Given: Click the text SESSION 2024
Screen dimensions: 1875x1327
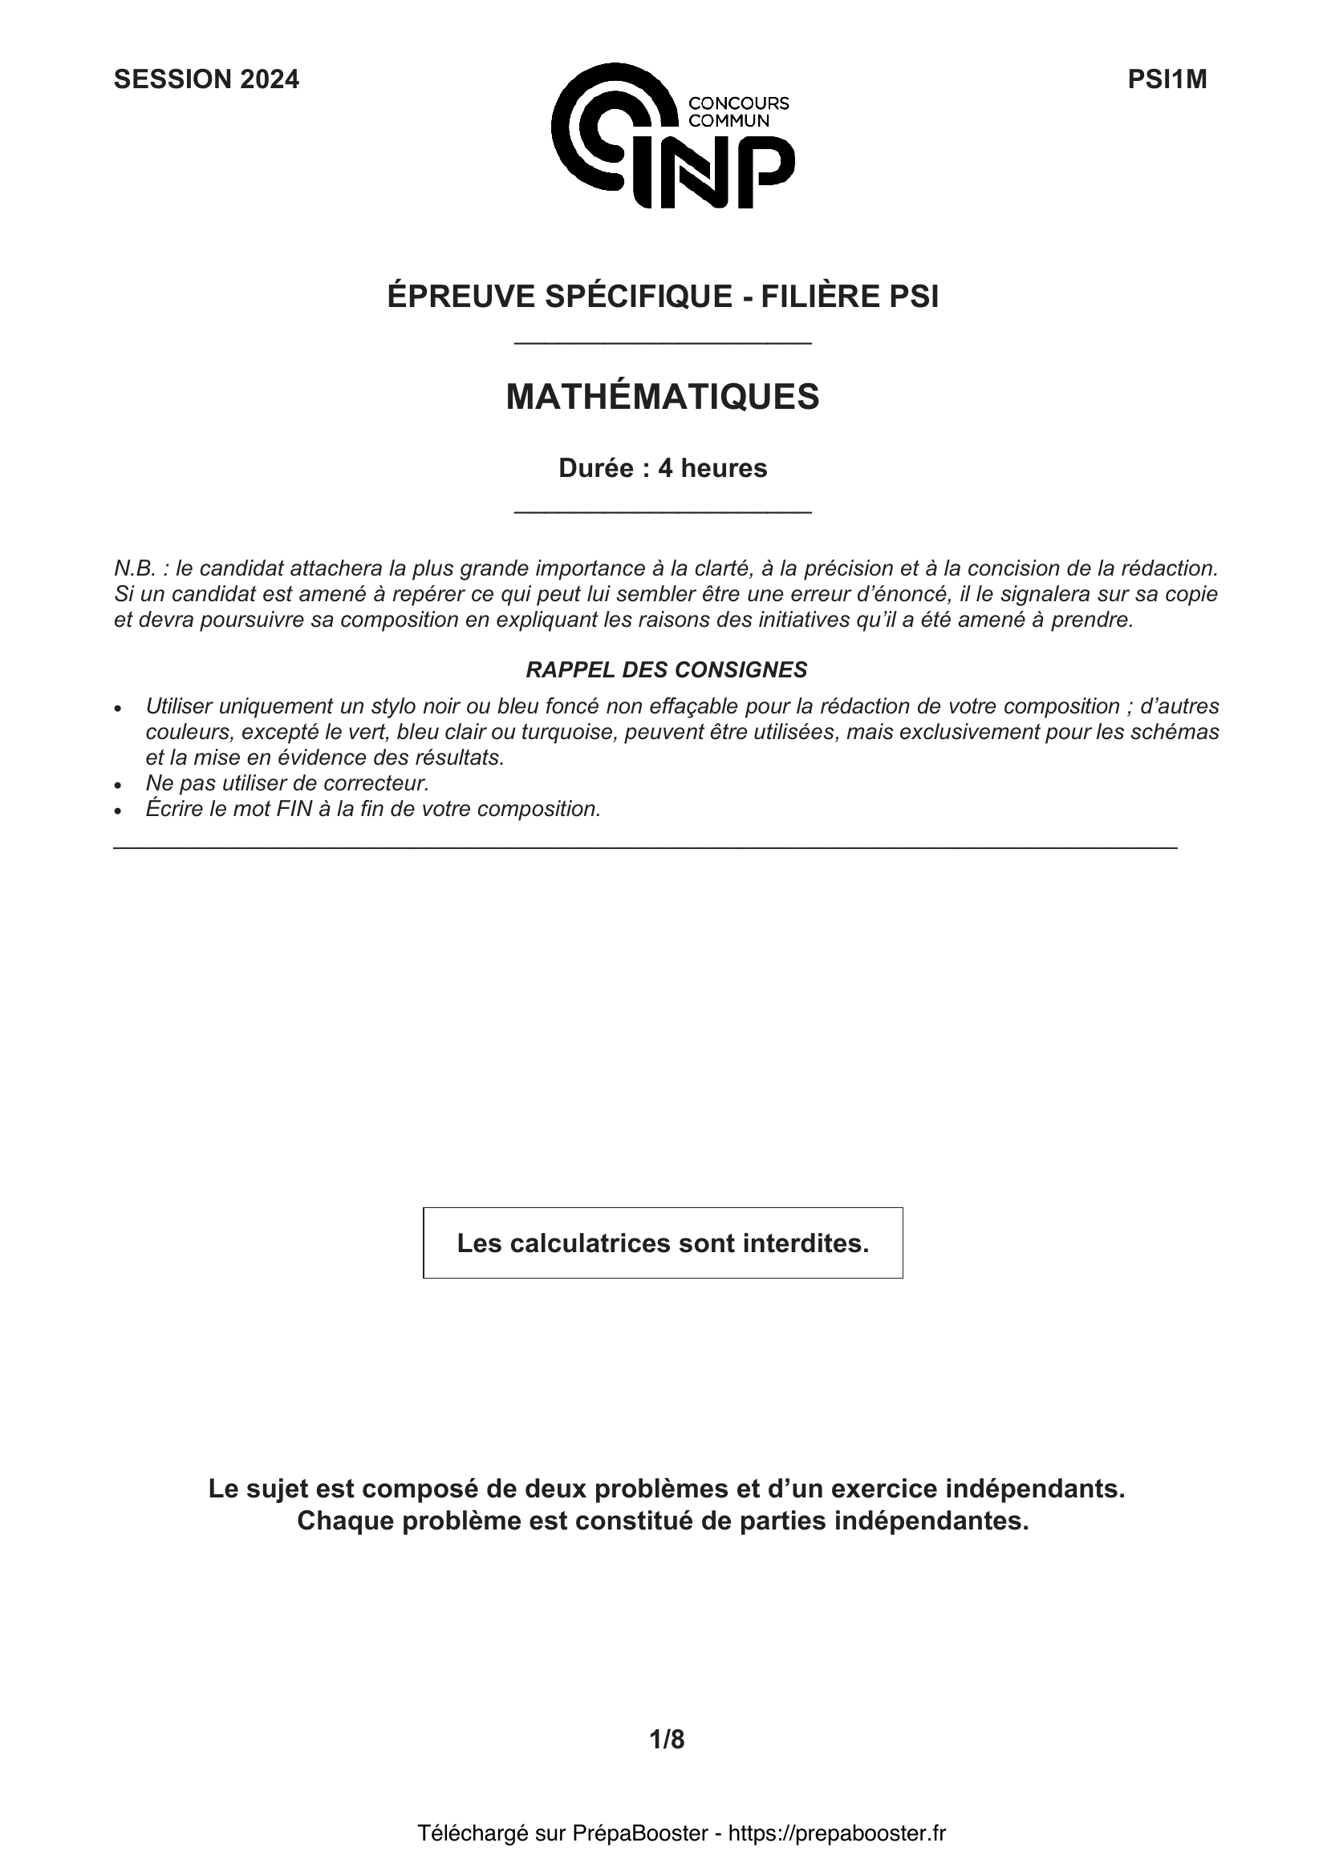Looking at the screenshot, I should coord(206,79).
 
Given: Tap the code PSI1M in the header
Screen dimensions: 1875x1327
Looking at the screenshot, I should coord(1167,79).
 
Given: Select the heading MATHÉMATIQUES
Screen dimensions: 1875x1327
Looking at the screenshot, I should coord(663,397).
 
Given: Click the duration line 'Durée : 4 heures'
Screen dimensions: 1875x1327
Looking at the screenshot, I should coord(663,469).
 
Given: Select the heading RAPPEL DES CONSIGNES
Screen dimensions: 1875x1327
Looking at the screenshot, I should coord(666,669).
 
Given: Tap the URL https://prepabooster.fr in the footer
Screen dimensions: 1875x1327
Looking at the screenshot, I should coord(837,1833).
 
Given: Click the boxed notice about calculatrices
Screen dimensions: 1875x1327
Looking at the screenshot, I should coord(663,1243).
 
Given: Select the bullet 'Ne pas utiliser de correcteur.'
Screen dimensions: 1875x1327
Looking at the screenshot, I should coord(286,783).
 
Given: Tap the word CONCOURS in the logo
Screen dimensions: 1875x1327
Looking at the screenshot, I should coord(739,103).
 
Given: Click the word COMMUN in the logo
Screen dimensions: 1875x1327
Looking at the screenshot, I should coord(728,121).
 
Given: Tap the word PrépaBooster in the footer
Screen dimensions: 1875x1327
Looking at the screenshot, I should coord(639,1833).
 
